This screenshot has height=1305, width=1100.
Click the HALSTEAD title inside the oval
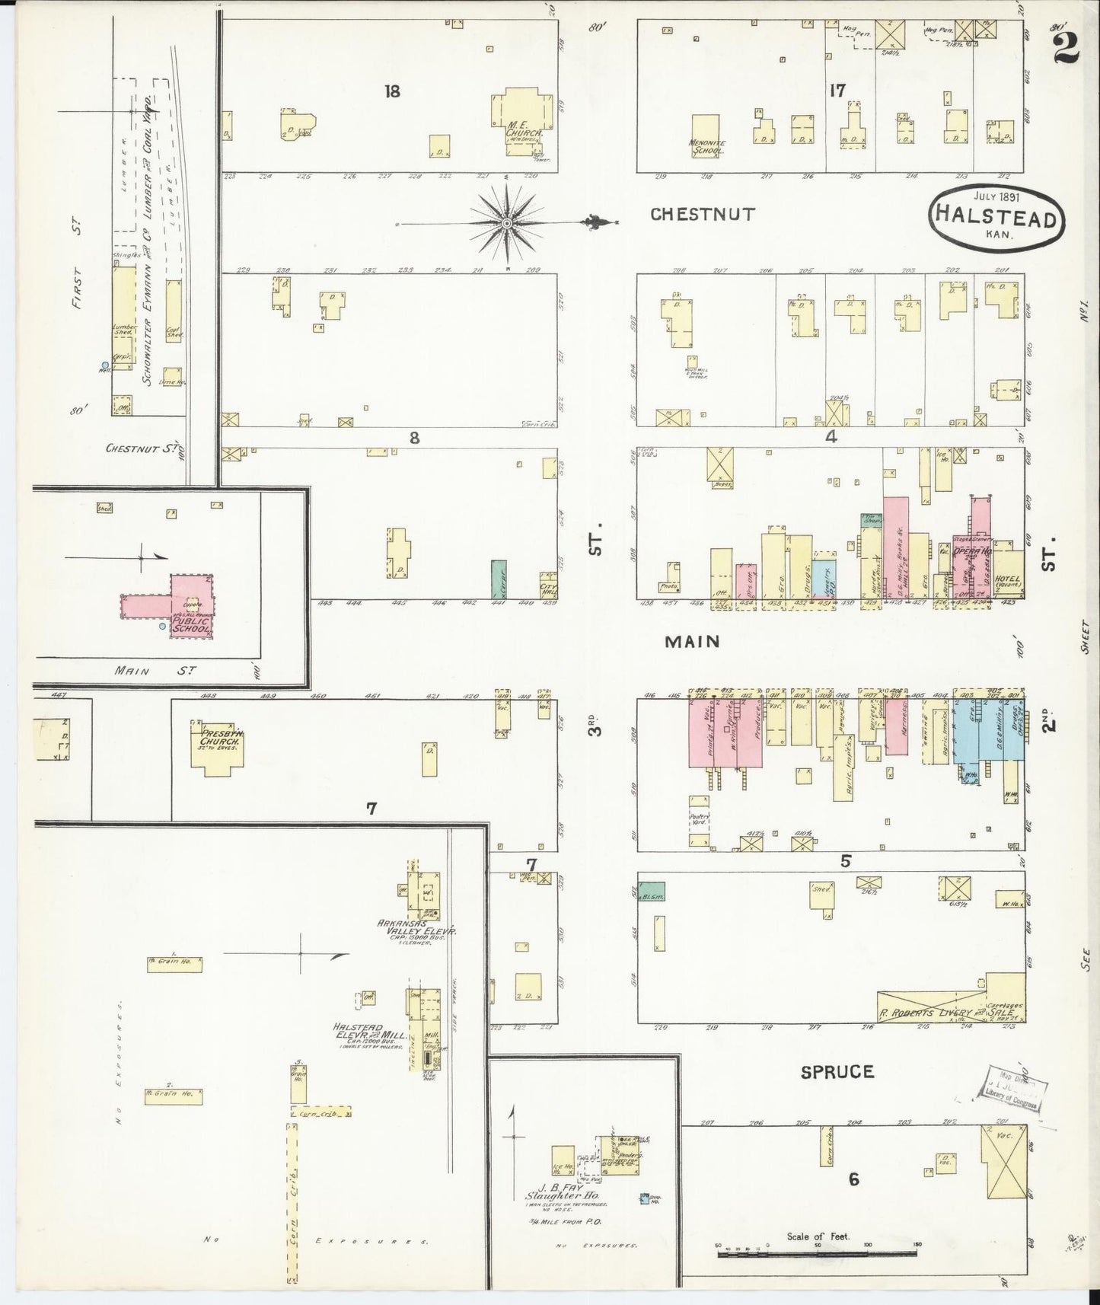pos(996,219)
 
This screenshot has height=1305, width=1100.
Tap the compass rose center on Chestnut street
pos(506,222)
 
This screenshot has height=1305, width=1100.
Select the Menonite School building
pos(705,135)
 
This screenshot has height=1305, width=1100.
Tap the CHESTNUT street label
pos(702,215)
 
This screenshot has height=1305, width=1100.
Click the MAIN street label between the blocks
pos(692,642)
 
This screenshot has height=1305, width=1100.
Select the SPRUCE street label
pos(837,1072)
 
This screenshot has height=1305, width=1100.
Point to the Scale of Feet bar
pos(818,1250)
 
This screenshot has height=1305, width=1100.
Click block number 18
pos(392,92)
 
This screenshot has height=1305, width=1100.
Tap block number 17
pos(837,91)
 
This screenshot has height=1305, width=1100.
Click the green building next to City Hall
pos(499,578)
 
